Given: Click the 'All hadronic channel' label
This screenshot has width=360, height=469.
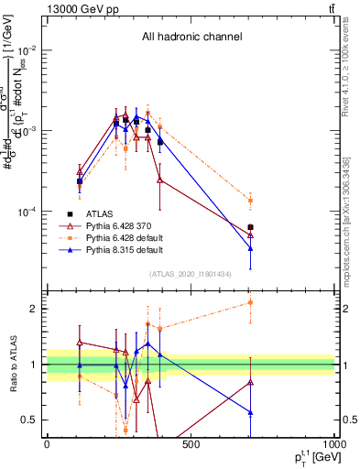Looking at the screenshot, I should click(x=192, y=38).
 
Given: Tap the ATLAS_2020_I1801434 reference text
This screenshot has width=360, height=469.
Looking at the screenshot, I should click(x=191, y=274).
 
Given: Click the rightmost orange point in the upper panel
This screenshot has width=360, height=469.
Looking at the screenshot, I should click(x=250, y=201).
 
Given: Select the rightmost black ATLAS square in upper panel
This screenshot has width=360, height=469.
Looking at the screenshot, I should click(x=250, y=227).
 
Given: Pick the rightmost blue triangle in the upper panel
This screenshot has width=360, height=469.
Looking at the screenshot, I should click(x=250, y=248).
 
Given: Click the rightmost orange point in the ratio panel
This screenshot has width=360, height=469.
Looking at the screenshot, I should click(x=250, y=302).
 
